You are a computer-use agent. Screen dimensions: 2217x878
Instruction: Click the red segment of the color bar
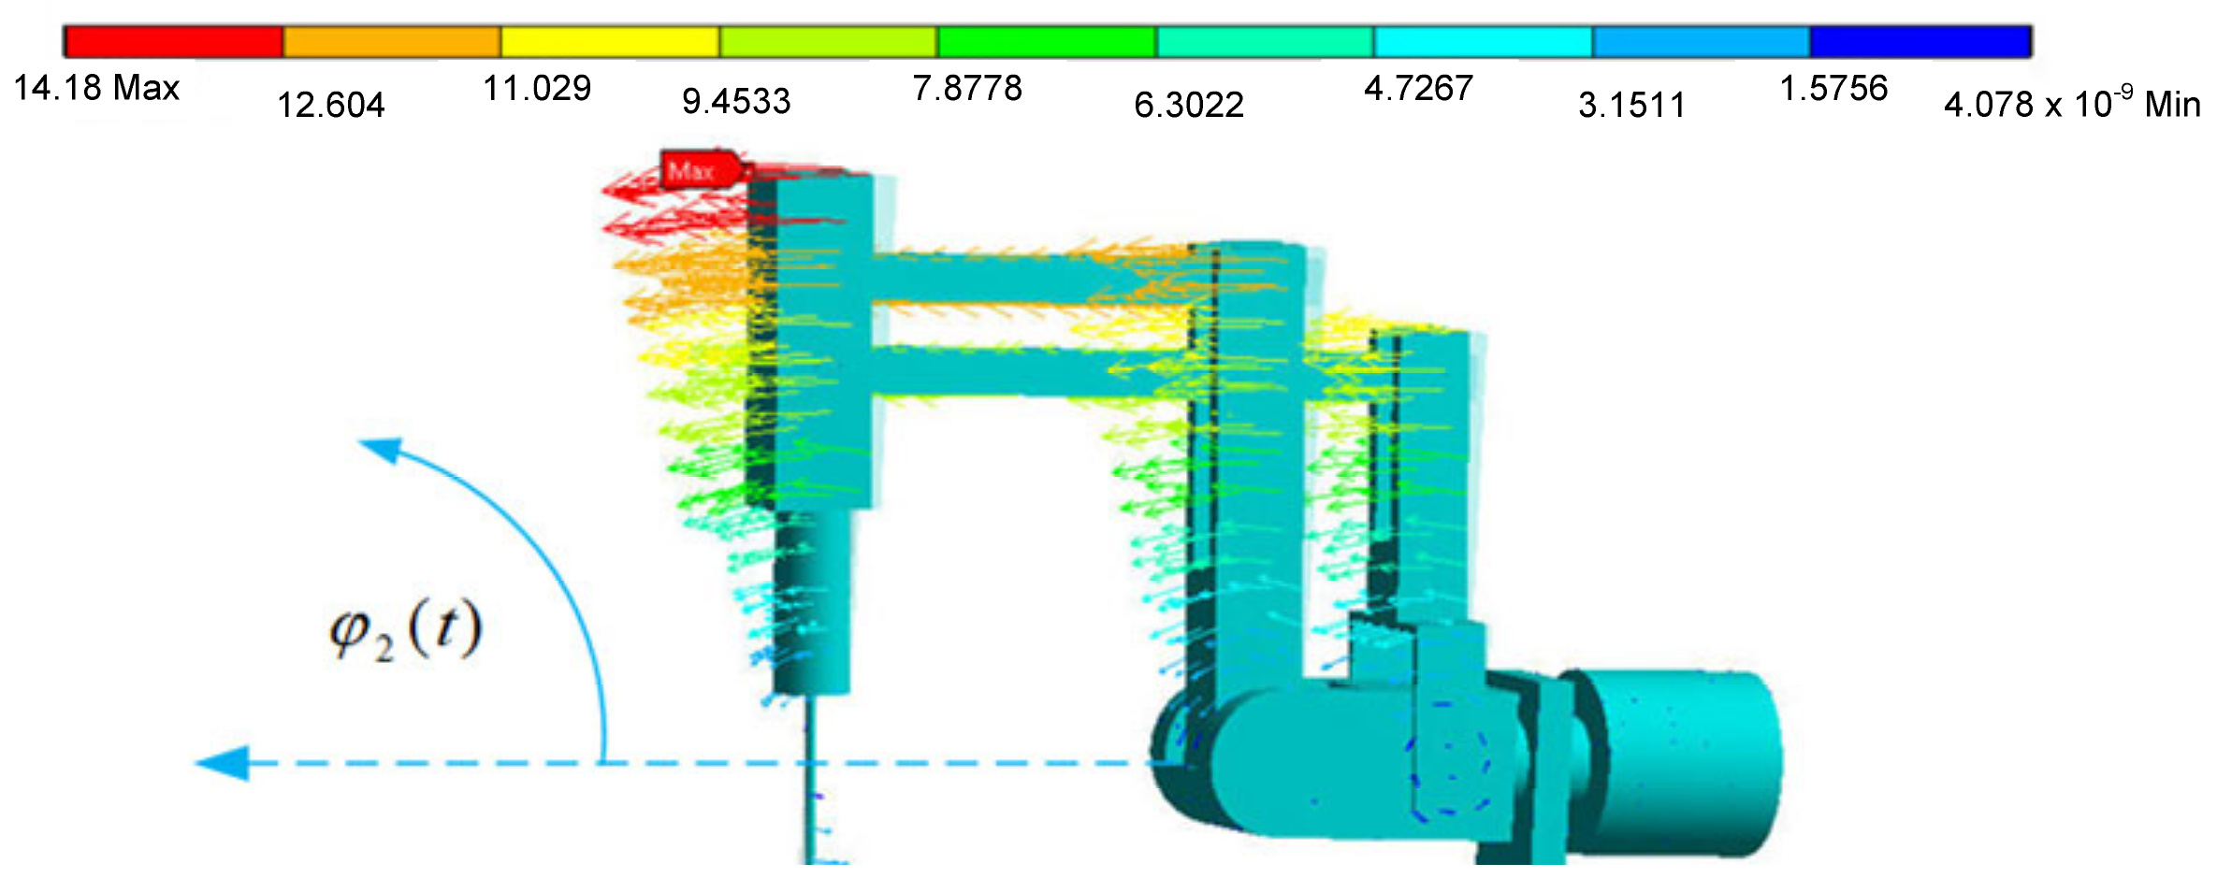174,42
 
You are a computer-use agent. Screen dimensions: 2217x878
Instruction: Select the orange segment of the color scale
392,42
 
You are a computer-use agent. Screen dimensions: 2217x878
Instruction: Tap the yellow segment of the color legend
610,42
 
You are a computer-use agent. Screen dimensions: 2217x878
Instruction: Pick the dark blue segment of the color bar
1920,42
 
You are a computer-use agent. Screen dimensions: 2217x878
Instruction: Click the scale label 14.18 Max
96,88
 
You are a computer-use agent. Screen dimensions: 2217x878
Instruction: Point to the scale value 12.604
331,105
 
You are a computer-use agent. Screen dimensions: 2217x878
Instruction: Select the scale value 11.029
537,88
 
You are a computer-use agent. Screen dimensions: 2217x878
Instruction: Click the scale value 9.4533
736,101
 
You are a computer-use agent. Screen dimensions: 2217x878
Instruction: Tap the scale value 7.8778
967,88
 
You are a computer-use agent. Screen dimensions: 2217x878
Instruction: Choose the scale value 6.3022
1189,105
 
